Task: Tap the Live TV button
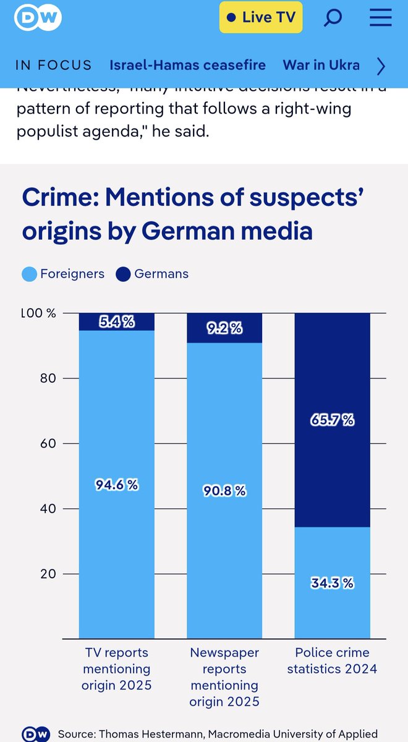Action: click(x=260, y=18)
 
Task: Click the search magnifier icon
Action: click(x=333, y=18)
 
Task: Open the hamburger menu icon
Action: click(x=380, y=18)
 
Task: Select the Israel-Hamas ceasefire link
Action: click(x=187, y=65)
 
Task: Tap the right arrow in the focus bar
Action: click(x=381, y=66)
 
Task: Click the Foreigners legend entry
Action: click(x=64, y=273)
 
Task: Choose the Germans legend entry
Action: click(x=153, y=273)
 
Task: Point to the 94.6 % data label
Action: click(x=116, y=485)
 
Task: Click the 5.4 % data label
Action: click(x=116, y=322)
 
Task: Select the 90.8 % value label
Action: click(x=224, y=490)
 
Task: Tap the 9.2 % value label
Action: click(x=224, y=328)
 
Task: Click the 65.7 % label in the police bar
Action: click(x=332, y=420)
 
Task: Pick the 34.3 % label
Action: click(x=332, y=582)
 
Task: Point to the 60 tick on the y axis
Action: click(x=49, y=443)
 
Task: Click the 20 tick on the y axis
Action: click(x=49, y=574)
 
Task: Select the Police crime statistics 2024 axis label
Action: click(x=332, y=660)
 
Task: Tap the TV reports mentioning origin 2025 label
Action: click(x=116, y=668)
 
